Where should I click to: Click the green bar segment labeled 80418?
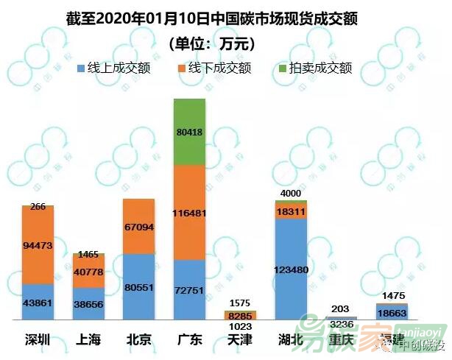tap(189, 132)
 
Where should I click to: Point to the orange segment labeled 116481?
tap(189, 212)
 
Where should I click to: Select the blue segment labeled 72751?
tap(189, 289)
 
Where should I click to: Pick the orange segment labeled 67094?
tap(138, 226)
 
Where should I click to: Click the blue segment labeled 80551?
tap(138, 286)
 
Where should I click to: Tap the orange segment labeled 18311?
tap(291, 211)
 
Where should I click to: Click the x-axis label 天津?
tap(240, 339)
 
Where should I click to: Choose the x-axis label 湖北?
tap(291, 339)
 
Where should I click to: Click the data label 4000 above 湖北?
tap(291, 194)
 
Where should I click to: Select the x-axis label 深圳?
tap(38, 339)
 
